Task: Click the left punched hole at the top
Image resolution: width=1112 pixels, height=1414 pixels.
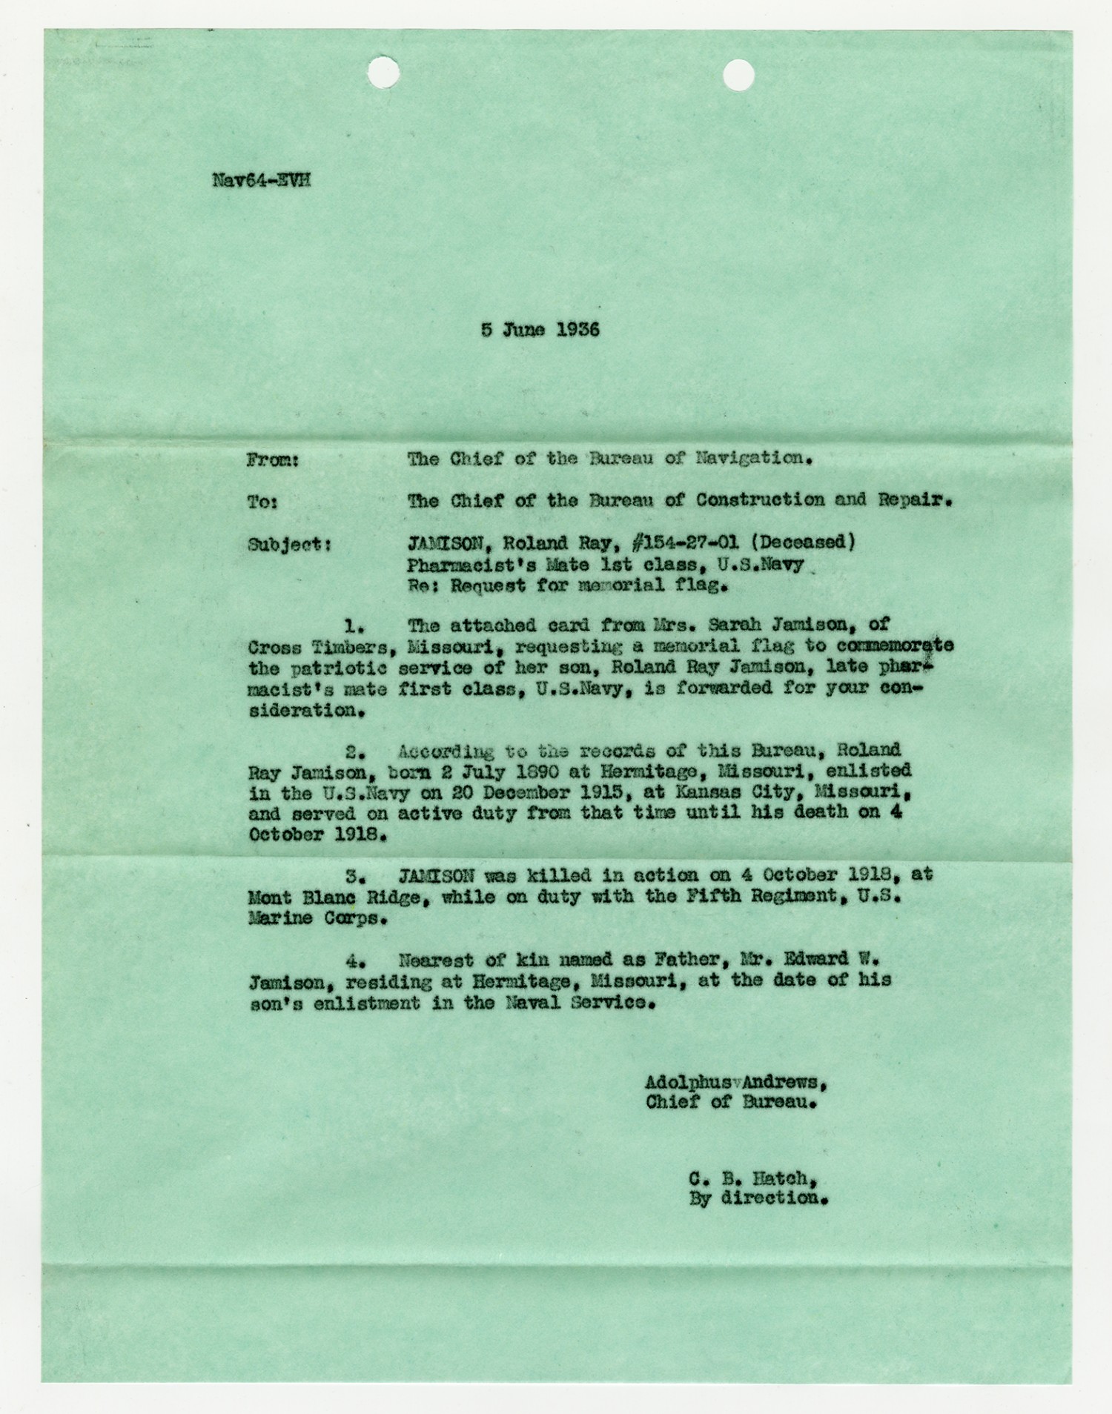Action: coord(383,73)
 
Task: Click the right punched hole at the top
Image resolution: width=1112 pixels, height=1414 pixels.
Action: coord(738,75)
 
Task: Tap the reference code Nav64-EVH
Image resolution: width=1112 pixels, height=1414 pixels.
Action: coord(261,180)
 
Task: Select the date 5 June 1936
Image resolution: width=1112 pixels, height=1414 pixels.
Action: coord(540,330)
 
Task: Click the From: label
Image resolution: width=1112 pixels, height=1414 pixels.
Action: coord(272,460)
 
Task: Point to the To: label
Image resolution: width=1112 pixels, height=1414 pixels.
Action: coord(262,502)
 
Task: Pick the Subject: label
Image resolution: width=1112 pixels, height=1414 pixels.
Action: coord(289,545)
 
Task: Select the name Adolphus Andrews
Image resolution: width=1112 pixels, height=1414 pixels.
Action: coord(735,1082)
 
